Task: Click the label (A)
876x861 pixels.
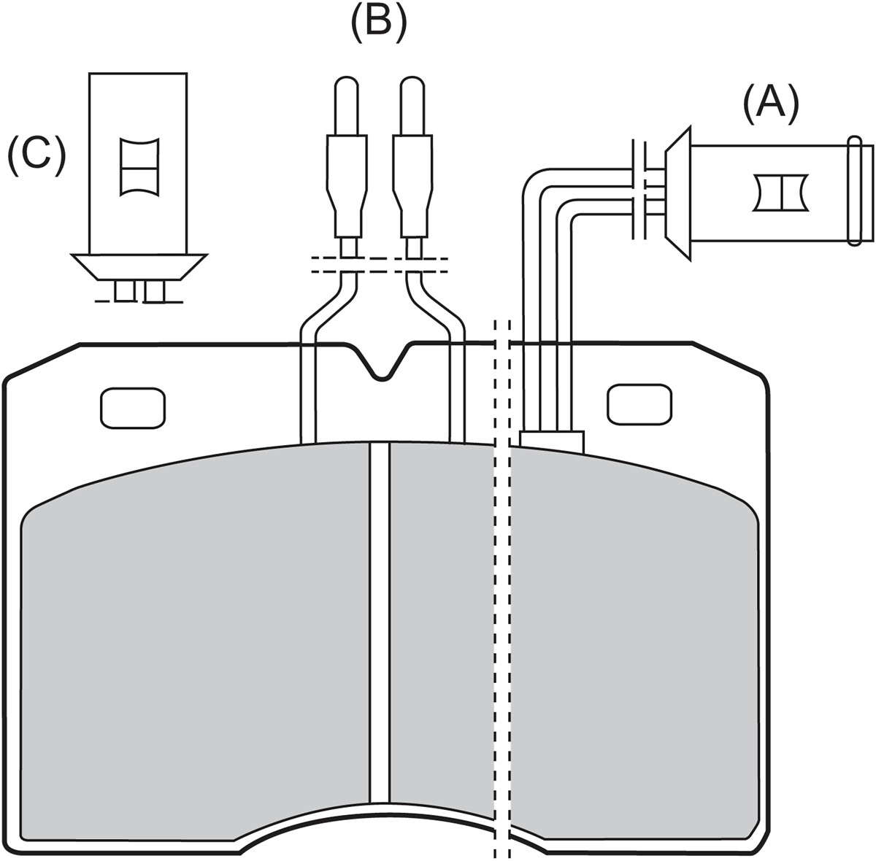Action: pyautogui.click(x=771, y=105)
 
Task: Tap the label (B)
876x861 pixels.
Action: pyautogui.click(x=377, y=23)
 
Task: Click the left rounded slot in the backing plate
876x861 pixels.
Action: pyautogui.click(x=133, y=408)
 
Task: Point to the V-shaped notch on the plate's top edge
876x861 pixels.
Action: pyautogui.click(x=383, y=362)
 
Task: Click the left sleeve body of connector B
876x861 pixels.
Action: pyautogui.click(x=347, y=187)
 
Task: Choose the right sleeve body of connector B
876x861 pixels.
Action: pyautogui.click(x=412, y=187)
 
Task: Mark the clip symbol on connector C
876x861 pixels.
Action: pyautogui.click(x=140, y=167)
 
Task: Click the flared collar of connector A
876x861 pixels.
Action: pyautogui.click(x=678, y=194)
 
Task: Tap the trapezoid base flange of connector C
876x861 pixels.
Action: pyautogui.click(x=139, y=267)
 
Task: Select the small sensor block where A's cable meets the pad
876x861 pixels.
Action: pyautogui.click(x=551, y=441)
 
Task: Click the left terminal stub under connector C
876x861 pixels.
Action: pyautogui.click(x=125, y=291)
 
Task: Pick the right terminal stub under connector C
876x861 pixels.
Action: pyautogui.click(x=154, y=291)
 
